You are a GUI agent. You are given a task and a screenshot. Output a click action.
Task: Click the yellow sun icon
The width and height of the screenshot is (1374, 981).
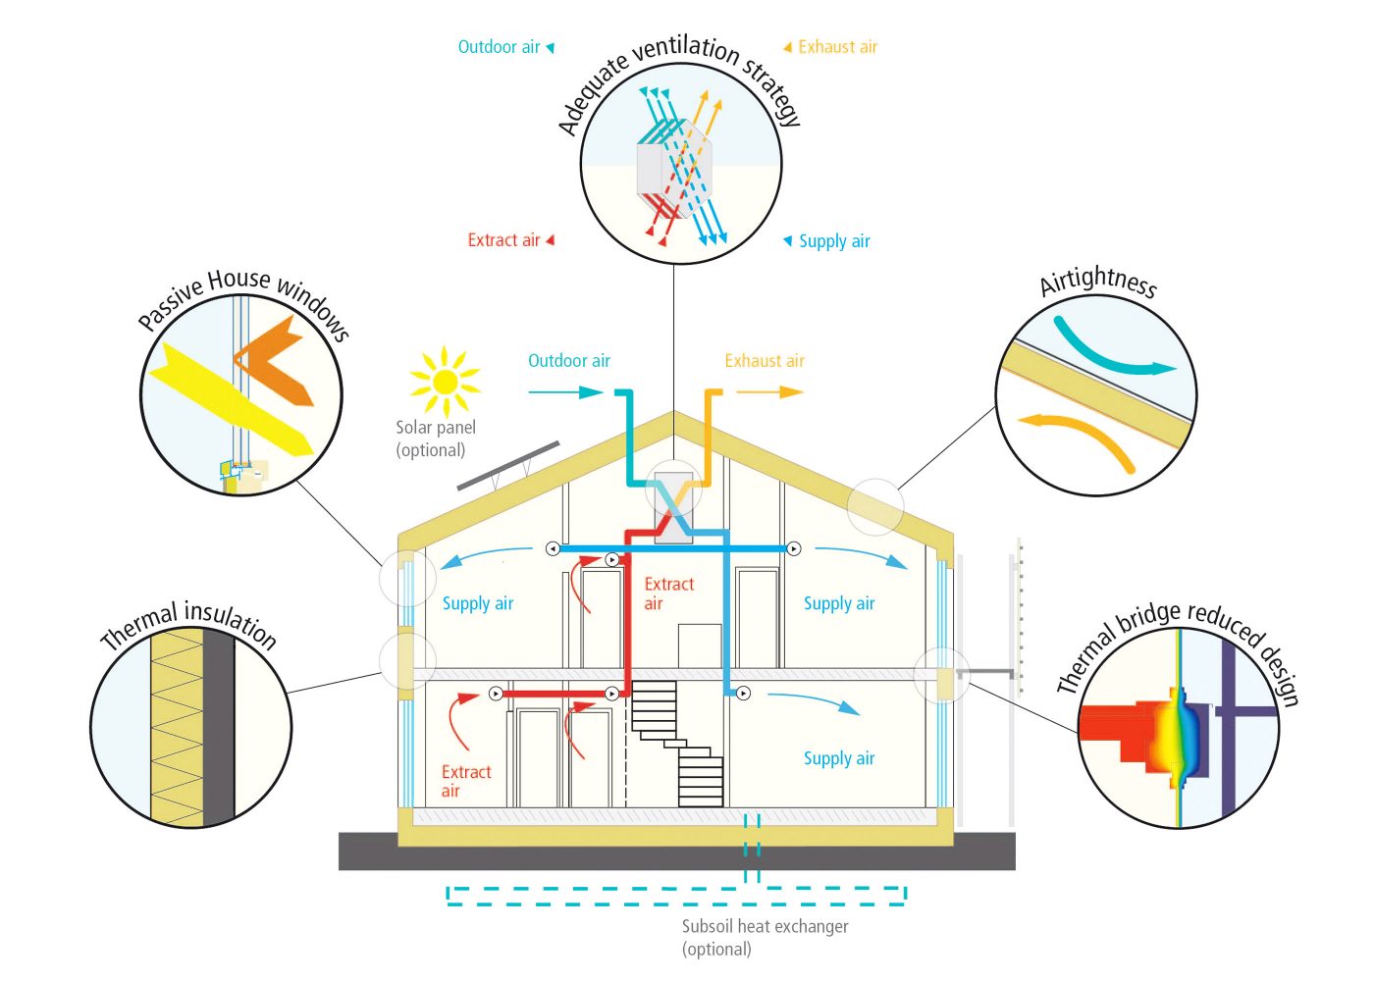445,382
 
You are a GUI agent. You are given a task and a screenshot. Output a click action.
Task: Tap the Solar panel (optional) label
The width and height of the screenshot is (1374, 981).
436,439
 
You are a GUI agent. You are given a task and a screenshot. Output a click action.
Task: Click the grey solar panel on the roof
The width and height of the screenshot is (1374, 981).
508,466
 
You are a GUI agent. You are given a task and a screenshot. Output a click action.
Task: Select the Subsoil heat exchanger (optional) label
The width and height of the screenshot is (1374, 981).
765,938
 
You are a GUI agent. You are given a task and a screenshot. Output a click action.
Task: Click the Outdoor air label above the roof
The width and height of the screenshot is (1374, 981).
568,361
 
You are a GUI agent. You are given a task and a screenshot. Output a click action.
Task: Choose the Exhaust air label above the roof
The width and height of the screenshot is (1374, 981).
765,361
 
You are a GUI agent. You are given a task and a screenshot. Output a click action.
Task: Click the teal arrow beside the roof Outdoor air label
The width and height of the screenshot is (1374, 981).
565,391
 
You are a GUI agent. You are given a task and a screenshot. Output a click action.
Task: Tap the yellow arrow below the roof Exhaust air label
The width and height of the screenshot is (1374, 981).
769,391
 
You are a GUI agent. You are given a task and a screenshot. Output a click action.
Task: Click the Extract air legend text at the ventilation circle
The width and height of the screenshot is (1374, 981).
503,239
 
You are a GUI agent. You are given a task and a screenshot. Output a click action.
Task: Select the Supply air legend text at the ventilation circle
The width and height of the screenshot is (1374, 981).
834,241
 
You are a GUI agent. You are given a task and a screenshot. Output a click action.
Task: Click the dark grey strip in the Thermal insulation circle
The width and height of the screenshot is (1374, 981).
219,727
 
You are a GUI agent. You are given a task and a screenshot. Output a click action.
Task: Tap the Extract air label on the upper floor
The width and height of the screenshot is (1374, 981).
668,593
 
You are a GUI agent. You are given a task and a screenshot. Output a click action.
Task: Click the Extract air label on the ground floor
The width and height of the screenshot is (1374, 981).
466,781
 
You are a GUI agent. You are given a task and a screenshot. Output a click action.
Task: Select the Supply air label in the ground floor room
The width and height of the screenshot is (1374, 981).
838,758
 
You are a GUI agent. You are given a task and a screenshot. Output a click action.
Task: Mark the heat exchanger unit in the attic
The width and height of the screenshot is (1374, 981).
673,508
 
